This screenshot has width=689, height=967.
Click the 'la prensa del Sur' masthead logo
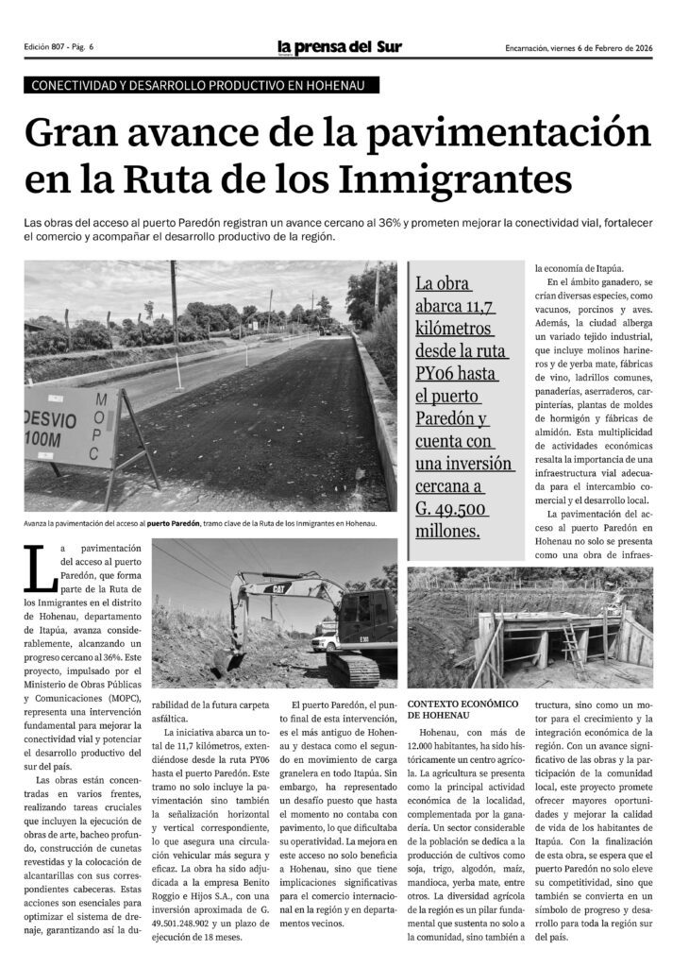point(340,47)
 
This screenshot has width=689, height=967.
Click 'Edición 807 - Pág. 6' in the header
point(65,48)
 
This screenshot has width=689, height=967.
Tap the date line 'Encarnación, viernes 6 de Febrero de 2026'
point(580,48)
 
